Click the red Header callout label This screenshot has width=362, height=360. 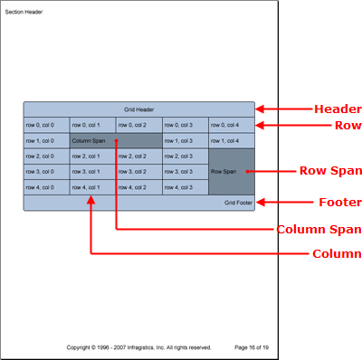point(337,109)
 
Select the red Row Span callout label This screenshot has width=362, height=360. point(330,170)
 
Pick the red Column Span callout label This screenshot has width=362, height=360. point(319,229)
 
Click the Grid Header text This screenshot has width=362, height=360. point(139,109)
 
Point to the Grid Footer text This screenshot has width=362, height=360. point(238,203)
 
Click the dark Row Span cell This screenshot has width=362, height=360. point(232,171)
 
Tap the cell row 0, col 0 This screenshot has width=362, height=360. point(46,125)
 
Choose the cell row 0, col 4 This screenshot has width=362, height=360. point(232,125)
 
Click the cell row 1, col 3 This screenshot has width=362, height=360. point(186,140)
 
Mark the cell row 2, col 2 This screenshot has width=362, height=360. point(139,156)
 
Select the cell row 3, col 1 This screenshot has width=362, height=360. point(93,171)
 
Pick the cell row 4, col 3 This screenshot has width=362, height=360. point(186,186)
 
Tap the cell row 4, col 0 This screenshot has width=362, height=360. point(46,186)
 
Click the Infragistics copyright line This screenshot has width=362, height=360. point(138,346)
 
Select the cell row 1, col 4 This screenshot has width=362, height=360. point(232,140)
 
